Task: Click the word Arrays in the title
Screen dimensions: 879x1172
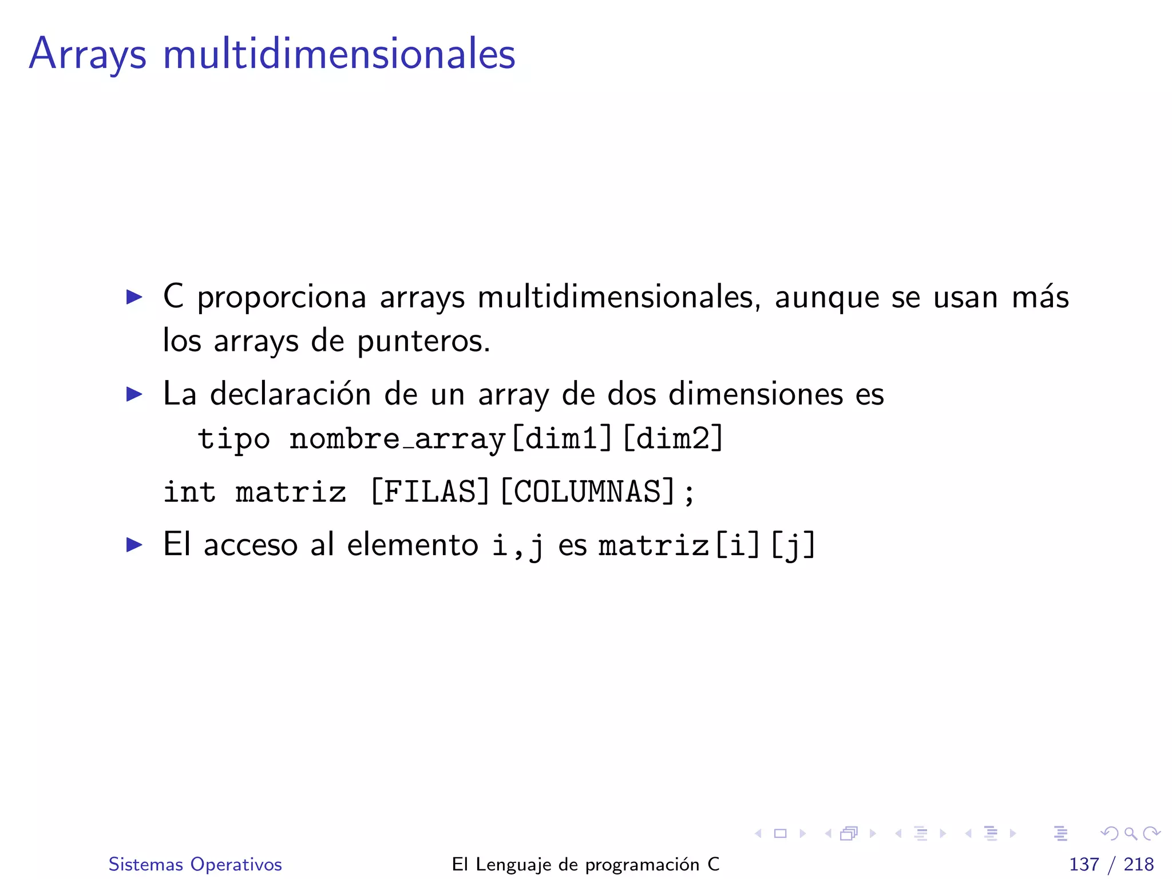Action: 88,54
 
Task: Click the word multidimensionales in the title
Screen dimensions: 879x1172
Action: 339,54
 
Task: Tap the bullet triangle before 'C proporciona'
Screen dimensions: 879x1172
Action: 134,297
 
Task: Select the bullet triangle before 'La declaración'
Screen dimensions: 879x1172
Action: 134,394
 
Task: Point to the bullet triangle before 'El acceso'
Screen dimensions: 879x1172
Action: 134,544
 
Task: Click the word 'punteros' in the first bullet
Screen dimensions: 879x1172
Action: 423,341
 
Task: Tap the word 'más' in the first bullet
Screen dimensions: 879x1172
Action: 1040,297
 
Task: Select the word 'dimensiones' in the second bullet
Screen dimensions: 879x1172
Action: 755,394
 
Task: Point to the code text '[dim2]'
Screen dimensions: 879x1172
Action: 673,439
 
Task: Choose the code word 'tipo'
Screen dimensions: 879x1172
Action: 233,439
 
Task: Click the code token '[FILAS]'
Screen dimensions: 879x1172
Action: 430,492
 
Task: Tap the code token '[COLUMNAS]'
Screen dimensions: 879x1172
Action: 588,492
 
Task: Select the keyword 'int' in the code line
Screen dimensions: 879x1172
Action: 189,492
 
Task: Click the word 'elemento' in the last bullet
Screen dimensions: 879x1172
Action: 412,544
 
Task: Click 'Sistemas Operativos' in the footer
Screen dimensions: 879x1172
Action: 195,864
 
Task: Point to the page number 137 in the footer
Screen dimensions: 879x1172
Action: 1084,864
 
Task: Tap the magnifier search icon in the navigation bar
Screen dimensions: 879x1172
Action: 1130,834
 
